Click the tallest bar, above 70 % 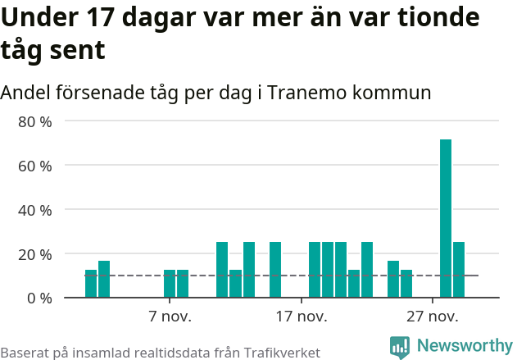(x=446, y=218)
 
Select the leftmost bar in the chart (x=91, y=284)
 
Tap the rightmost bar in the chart (x=459, y=270)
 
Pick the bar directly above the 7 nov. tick (x=170, y=284)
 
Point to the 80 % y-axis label (x=35, y=121)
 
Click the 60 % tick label (x=35, y=166)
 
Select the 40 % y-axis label (x=35, y=210)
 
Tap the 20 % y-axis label (x=35, y=254)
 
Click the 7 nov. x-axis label (x=170, y=317)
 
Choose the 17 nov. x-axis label (x=302, y=317)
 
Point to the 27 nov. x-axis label (x=433, y=317)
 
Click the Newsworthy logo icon (x=400, y=348)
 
